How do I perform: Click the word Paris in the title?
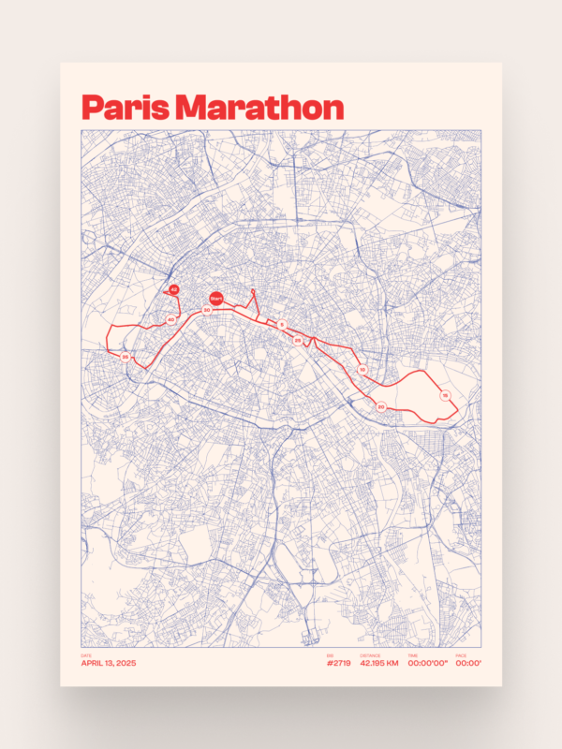[123, 108]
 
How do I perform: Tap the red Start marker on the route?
[215, 299]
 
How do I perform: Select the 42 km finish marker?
[174, 290]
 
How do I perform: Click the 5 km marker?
[282, 324]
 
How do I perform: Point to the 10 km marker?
[362, 369]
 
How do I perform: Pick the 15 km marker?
[445, 397]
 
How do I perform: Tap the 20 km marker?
[381, 406]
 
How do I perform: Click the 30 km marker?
[206, 310]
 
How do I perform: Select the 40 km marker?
[170, 320]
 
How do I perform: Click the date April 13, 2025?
[109, 663]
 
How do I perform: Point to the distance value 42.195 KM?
[379, 663]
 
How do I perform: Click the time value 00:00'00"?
[428, 663]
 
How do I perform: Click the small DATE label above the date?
[86, 655]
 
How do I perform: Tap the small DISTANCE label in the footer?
[369, 655]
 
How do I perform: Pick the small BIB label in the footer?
[329, 655]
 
